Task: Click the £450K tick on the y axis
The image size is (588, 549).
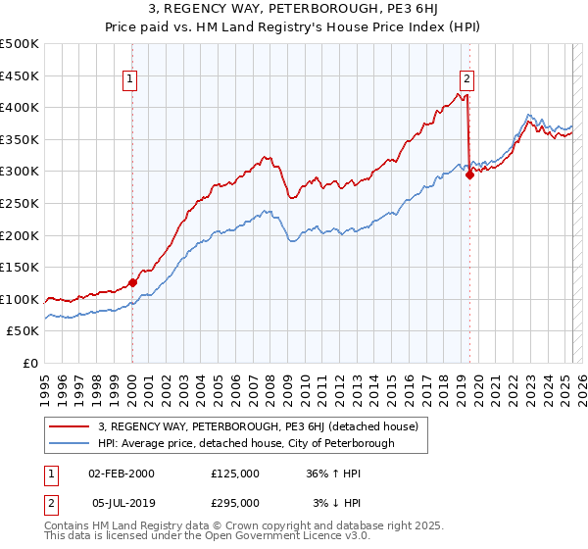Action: pos(21,75)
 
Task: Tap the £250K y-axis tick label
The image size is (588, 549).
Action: pos(21,203)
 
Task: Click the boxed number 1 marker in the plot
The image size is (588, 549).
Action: pos(131,81)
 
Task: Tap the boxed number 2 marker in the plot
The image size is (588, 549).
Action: pos(467,81)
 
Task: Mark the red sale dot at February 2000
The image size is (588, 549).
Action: pos(132,282)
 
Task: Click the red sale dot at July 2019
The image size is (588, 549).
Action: pos(469,175)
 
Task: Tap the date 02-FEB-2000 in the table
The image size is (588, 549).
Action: pos(122,473)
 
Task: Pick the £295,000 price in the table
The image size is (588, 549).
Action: pos(235,502)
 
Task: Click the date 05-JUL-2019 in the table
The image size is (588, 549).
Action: pos(122,502)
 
